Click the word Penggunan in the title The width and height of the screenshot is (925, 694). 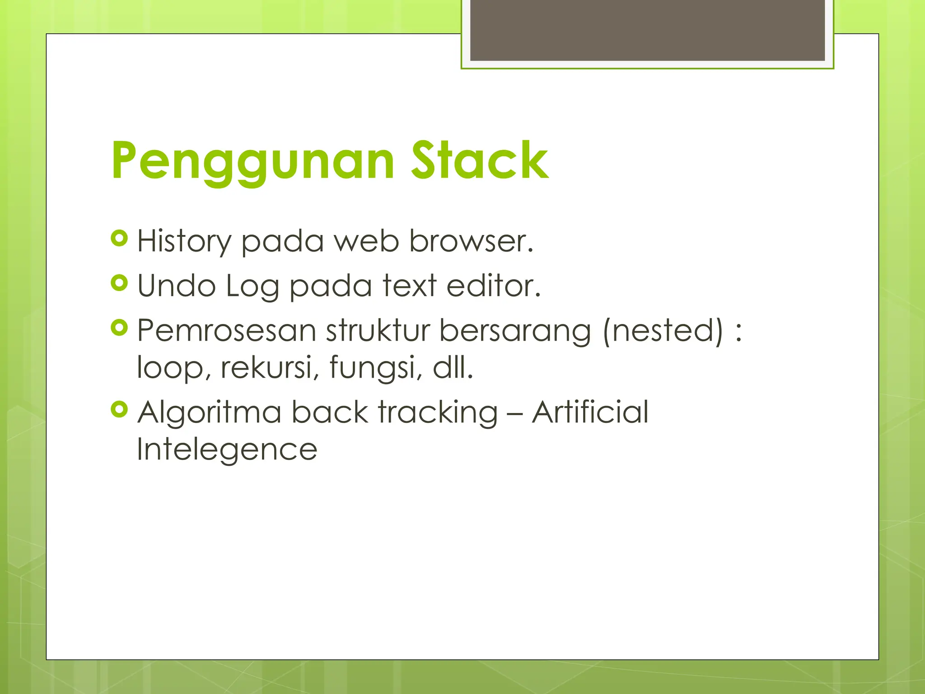[253, 161]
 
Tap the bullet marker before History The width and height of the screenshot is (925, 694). [119, 238]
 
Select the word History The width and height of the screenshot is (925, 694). [184, 241]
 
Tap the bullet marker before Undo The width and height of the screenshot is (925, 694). [119, 283]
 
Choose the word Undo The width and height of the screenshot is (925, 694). [176, 286]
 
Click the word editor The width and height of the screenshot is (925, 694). [493, 286]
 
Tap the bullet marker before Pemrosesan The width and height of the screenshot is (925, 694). [119, 328]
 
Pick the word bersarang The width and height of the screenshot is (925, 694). [514, 331]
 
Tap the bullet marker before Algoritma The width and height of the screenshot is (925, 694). [119, 410]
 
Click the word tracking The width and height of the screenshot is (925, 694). [438, 413]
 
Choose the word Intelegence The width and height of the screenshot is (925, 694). [227, 449]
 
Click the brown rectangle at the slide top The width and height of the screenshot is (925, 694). [647, 30]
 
